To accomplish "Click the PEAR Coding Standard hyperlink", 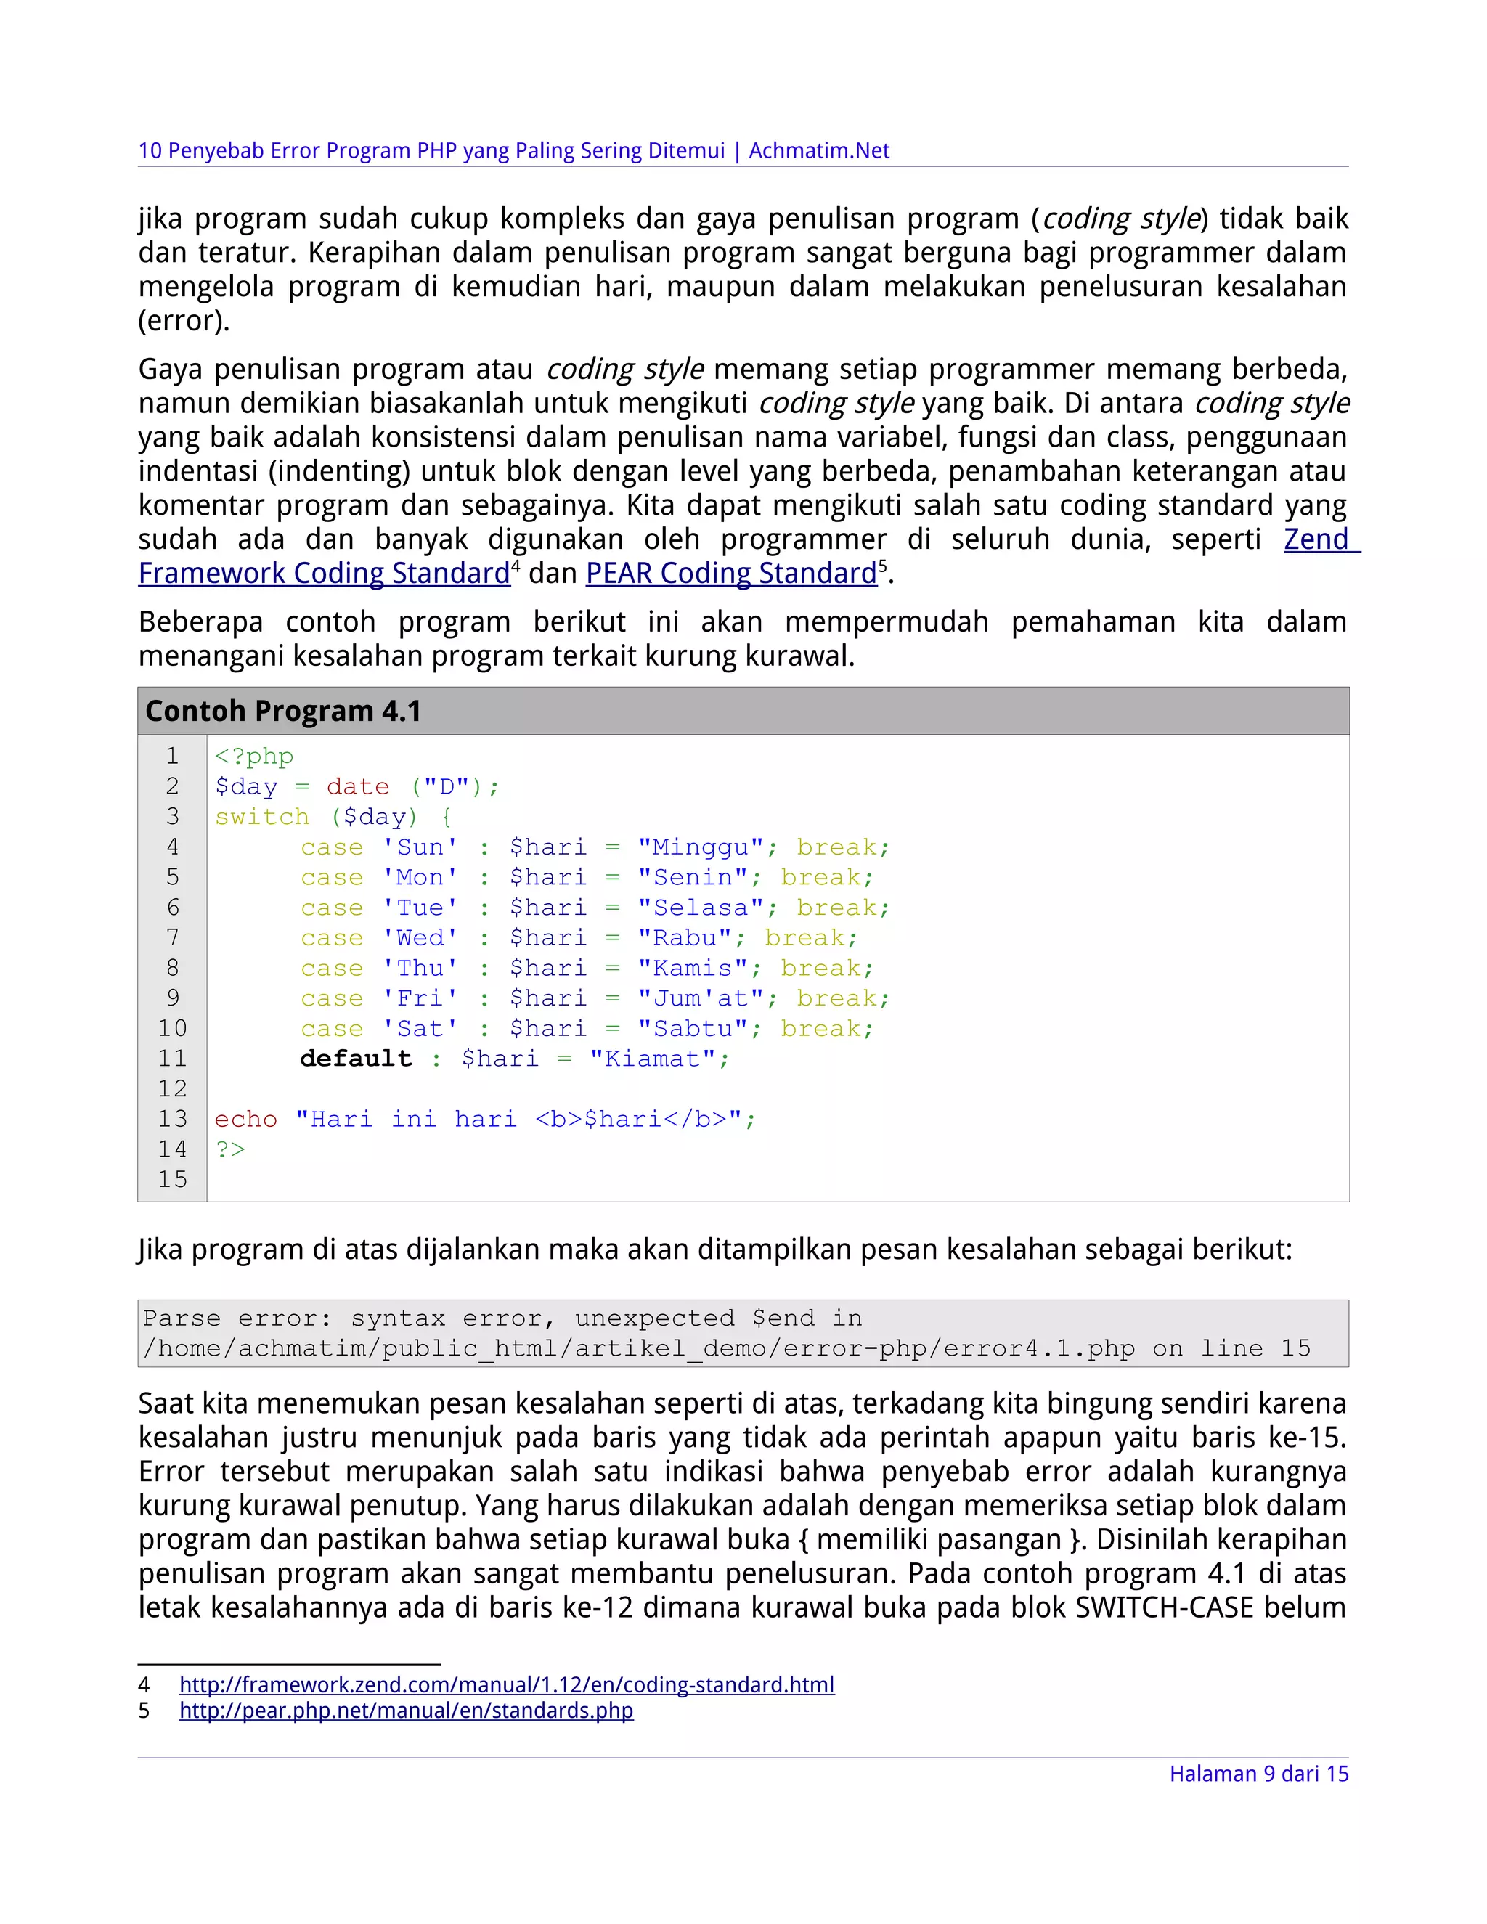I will click(731, 574).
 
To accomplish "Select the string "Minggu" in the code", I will click(701, 847).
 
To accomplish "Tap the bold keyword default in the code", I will click(356, 1059).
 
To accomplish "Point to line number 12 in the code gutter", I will click(173, 1089).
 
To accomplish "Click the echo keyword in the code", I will click(246, 1120).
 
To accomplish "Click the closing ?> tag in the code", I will click(230, 1149).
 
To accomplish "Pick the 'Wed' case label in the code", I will click(420, 938).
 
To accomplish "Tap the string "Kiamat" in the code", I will click(653, 1059).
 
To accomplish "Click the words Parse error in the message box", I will click(238, 1318).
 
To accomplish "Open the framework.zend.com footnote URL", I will click(507, 1685).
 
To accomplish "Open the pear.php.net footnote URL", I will click(406, 1711).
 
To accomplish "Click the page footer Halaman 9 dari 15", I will click(1258, 1774).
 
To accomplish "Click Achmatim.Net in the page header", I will click(819, 150).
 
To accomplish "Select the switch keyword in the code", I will click(261, 818).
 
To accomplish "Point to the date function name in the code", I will click(358, 787).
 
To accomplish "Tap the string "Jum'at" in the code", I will click(701, 999).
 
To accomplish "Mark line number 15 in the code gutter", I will click(173, 1180).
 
